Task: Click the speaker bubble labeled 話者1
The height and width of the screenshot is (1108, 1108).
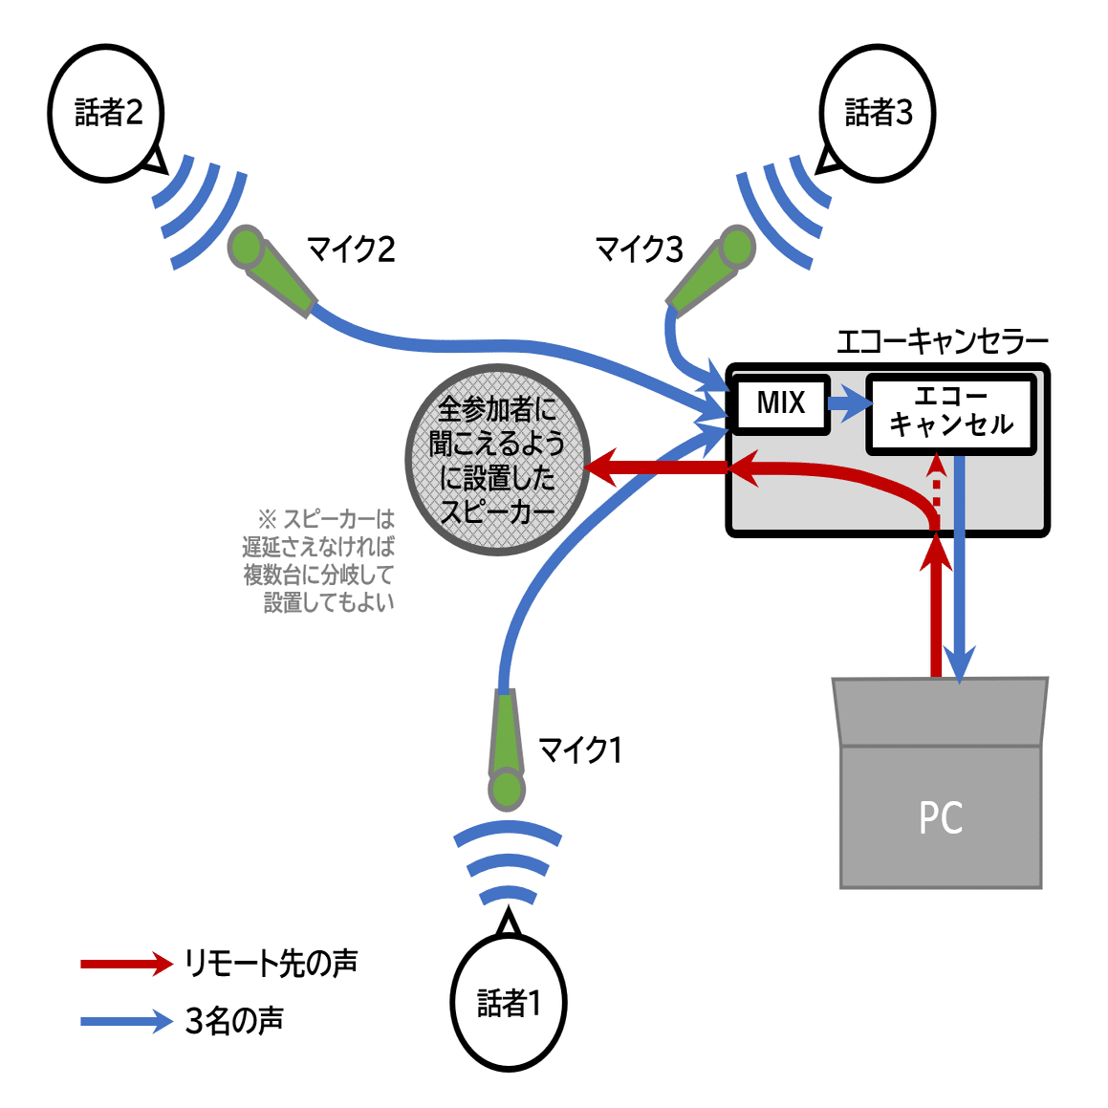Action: [509, 1002]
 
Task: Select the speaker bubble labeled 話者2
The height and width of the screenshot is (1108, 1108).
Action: [106, 113]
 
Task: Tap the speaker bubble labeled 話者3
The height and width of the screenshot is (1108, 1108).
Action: [878, 113]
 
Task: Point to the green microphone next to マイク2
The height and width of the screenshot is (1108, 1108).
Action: [271, 269]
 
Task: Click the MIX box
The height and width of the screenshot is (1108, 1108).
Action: [780, 403]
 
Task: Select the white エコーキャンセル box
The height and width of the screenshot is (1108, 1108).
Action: [950, 413]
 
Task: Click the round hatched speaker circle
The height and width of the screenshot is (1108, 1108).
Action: [497, 460]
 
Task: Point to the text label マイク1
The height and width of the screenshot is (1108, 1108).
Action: [580, 750]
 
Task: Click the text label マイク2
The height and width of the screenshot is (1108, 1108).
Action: [351, 249]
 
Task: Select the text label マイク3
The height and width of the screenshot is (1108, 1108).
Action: [639, 250]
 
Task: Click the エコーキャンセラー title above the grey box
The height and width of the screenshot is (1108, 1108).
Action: [942, 340]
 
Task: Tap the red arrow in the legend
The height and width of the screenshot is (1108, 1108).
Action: [125, 963]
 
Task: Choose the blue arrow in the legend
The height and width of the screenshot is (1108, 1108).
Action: [125, 1021]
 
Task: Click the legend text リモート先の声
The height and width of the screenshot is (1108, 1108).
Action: [272, 963]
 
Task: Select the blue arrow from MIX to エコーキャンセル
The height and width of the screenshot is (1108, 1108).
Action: [848, 403]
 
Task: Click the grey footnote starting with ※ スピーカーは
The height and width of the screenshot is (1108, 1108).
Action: [319, 560]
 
